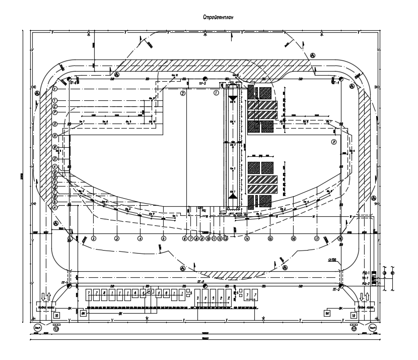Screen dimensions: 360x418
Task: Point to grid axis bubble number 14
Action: (247, 238)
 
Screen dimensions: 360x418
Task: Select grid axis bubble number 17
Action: (317, 238)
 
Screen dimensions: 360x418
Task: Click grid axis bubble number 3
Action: (116, 238)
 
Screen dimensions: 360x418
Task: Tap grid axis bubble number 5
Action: (163, 238)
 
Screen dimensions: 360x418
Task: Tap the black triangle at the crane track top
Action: (233, 97)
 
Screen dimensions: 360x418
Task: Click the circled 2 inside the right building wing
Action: (333, 142)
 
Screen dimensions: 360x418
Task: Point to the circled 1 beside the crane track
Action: (216, 93)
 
